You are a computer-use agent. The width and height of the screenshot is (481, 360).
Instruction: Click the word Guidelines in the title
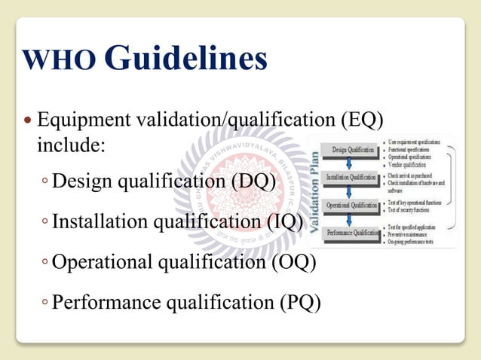pyautogui.click(x=184, y=57)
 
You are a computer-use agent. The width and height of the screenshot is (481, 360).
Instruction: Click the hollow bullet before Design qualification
pyautogui.click(x=46, y=182)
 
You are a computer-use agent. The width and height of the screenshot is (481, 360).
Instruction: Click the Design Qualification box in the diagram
pyautogui.click(x=353, y=150)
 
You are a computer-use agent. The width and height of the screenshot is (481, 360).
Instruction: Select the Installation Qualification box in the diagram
pyautogui.click(x=353, y=178)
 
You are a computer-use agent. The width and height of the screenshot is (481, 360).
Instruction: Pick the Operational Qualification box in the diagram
pyautogui.click(x=353, y=205)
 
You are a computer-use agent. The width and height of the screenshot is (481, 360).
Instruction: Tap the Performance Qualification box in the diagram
pyautogui.click(x=353, y=233)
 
